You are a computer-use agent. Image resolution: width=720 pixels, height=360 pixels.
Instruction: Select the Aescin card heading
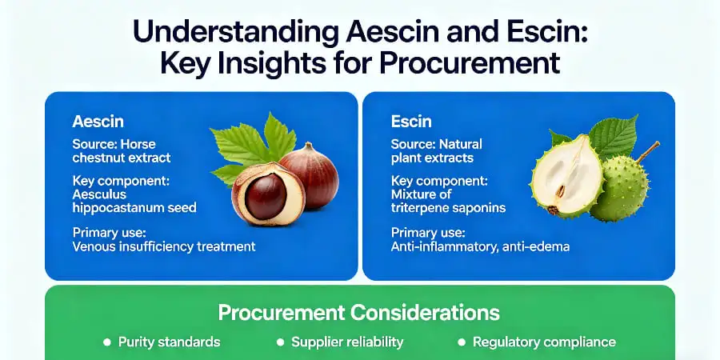click(98, 122)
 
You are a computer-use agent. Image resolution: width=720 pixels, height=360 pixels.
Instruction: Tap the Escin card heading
click(412, 122)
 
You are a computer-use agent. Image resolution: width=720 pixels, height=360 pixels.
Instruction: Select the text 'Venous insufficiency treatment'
click(164, 246)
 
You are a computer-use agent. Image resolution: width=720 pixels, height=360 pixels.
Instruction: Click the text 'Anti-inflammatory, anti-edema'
click(480, 246)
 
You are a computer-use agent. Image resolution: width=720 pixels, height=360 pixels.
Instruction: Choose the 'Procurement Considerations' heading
click(359, 312)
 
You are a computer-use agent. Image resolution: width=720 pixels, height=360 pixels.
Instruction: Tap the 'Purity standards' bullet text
click(169, 342)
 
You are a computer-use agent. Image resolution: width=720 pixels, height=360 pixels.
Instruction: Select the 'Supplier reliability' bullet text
click(347, 342)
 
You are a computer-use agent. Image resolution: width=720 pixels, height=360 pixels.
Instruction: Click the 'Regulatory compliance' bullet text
click(544, 342)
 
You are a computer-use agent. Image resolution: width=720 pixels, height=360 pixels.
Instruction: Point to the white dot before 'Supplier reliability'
click(280, 342)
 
